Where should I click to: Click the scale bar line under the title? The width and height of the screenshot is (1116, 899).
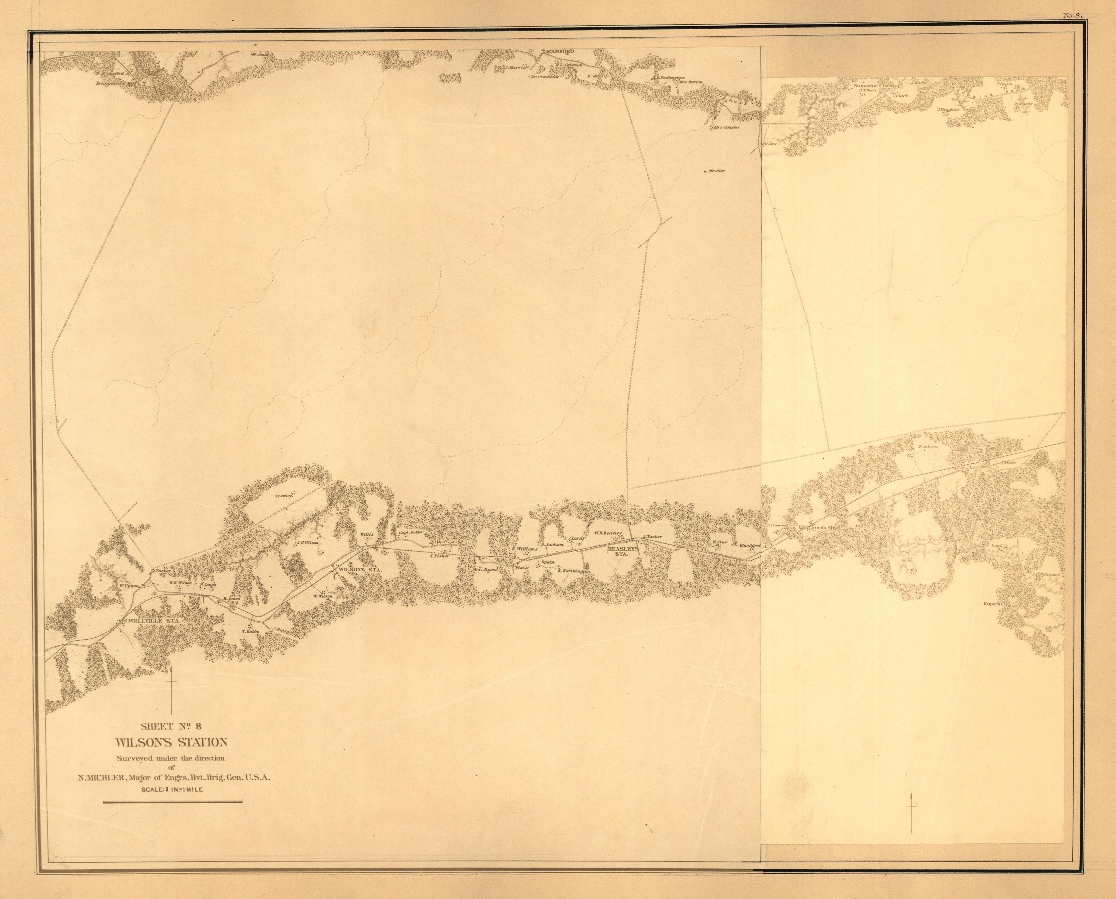tap(173, 803)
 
